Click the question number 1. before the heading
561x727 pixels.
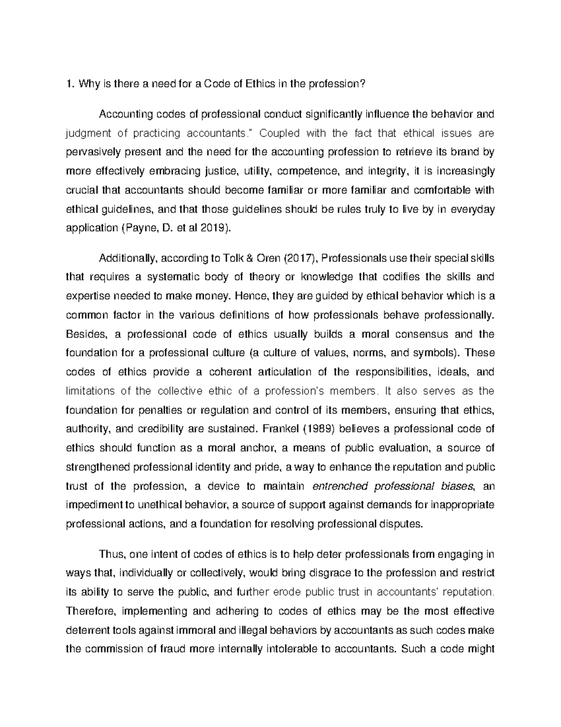(70, 84)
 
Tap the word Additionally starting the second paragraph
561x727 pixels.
(126, 259)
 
